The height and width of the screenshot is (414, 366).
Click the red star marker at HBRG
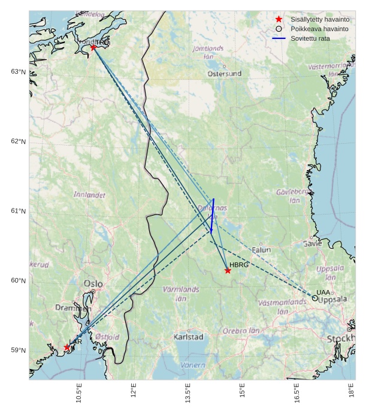228,271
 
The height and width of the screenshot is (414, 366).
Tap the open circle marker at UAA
315,298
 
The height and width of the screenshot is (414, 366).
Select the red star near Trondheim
93,47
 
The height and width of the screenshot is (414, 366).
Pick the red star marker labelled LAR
66,347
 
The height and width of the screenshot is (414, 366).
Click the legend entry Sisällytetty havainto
319,19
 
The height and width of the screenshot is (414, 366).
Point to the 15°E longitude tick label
242,394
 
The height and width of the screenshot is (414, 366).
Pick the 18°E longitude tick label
352,394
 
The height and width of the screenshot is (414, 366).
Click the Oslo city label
93,283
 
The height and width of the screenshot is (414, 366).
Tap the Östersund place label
225,74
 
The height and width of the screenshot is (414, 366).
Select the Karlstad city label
188,337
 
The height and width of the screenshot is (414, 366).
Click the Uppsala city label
332,300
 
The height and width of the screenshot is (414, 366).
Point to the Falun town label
261,250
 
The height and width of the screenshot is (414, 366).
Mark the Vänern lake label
193,365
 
